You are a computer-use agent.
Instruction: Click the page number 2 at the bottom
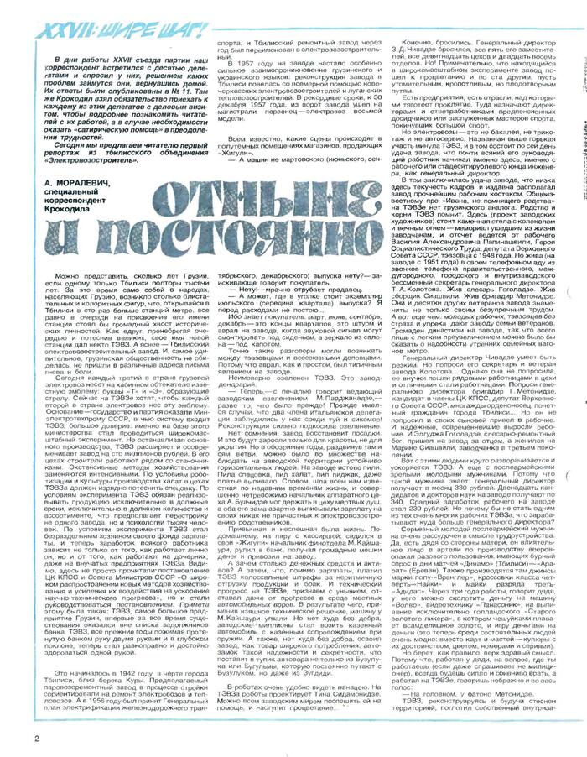tap(13, 739)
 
